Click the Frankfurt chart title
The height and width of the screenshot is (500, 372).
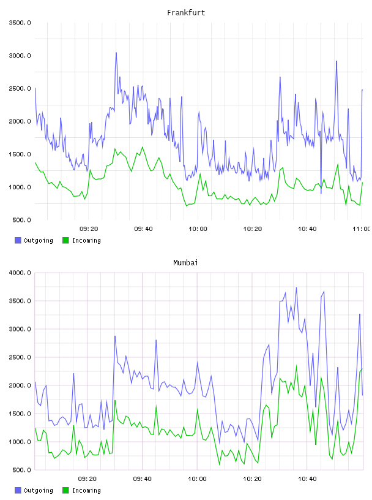pyautogui.click(x=186, y=13)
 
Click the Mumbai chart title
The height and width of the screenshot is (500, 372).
pyautogui.click(x=185, y=263)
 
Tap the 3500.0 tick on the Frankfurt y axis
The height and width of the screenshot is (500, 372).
pyautogui.click(x=20, y=23)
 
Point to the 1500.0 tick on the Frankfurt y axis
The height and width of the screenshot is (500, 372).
pyautogui.click(x=20, y=154)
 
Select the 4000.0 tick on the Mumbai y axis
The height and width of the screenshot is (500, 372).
pyautogui.click(x=20, y=273)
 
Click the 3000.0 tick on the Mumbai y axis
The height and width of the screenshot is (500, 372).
pyautogui.click(x=20, y=329)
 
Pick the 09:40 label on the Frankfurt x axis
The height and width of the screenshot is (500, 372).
pyautogui.click(x=143, y=229)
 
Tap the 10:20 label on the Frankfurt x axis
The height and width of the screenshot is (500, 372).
pyautogui.click(x=253, y=229)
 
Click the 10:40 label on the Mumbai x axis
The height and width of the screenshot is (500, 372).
pyautogui.click(x=307, y=479)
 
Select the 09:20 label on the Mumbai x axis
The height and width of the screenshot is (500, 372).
pyautogui.click(x=87, y=479)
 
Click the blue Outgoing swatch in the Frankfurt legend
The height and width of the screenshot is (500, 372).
pyautogui.click(x=18, y=240)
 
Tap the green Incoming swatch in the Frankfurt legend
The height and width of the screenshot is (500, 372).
pyautogui.click(x=65, y=240)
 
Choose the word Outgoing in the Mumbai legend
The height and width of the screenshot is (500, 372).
pyautogui.click(x=38, y=490)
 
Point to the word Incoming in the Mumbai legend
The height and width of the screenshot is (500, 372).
pyautogui.click(x=86, y=490)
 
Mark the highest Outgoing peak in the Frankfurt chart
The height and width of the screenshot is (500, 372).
pyautogui.click(x=116, y=53)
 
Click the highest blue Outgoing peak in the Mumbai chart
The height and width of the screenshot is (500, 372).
pyautogui.click(x=296, y=287)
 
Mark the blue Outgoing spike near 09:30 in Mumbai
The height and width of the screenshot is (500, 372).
pyautogui.click(x=114, y=336)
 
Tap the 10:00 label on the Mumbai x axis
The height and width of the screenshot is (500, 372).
pyautogui.click(x=197, y=479)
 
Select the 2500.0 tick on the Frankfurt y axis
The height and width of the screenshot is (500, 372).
pyautogui.click(x=20, y=89)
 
